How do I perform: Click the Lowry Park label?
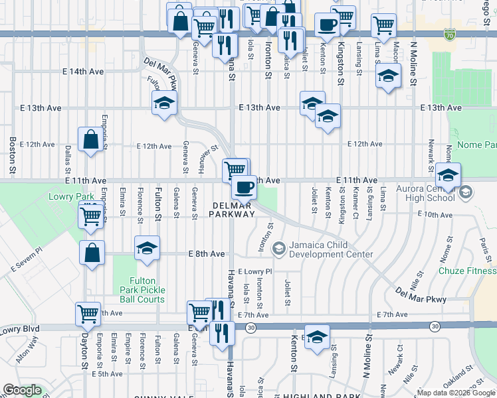click(x=63, y=197)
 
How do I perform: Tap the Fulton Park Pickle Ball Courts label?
click(x=142, y=290)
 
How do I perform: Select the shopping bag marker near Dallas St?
click(x=91, y=139)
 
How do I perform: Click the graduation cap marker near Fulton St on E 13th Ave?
click(x=164, y=103)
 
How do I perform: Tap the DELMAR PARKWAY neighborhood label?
click(x=232, y=209)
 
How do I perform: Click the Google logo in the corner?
click(x=22, y=390)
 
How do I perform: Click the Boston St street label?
click(x=12, y=153)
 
